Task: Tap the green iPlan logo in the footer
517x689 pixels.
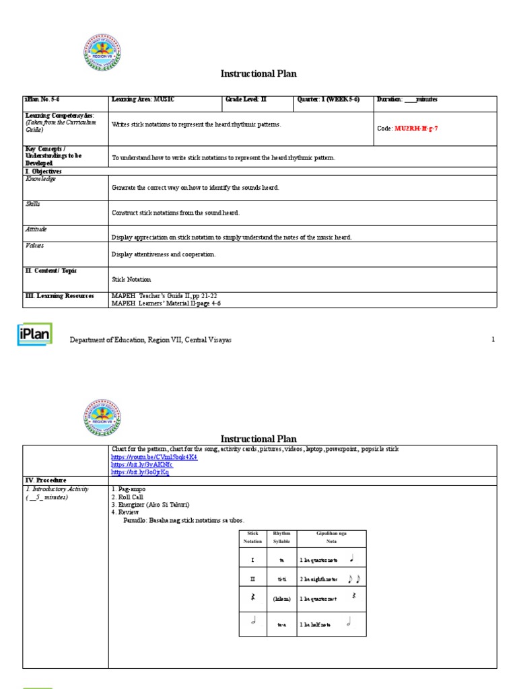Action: pos(34,335)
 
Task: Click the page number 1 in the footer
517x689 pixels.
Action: pos(493,340)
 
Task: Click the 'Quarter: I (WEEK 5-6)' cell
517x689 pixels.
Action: pos(329,100)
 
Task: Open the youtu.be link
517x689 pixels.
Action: pos(154,457)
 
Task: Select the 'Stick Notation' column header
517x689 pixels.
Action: pos(253,537)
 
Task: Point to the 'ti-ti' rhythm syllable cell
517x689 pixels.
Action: pos(281,579)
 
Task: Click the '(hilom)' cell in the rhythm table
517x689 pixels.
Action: pos(281,598)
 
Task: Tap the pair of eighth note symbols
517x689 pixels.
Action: pos(353,579)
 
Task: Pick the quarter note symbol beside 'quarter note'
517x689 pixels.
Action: pos(351,558)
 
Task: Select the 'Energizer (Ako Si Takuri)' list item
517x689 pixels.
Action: pos(150,505)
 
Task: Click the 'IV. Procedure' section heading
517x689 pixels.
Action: pos(46,480)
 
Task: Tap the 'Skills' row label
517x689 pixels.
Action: pos(33,204)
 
